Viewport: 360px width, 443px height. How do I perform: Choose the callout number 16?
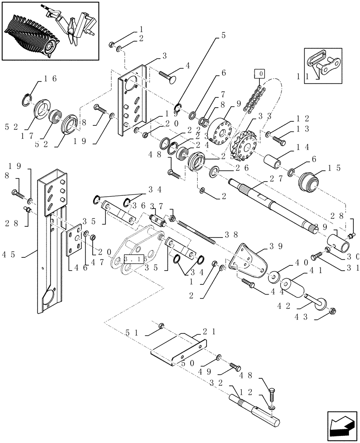50,79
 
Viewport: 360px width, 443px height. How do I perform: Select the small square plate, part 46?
74,244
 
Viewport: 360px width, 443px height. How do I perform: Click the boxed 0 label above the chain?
260,74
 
